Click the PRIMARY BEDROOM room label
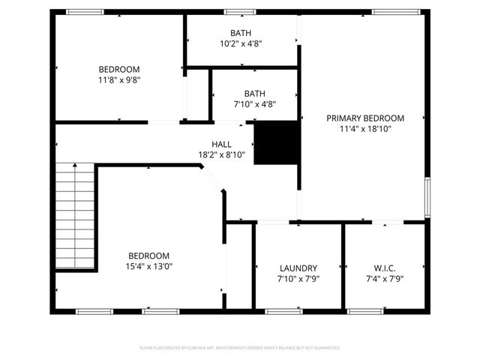[x=365, y=118]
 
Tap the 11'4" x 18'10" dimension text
[x=365, y=129]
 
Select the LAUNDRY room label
[x=298, y=268]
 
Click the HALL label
[x=221, y=144]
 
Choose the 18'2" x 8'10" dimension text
[x=221, y=154]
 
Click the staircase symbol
[x=76, y=217]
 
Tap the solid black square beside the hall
[x=277, y=142]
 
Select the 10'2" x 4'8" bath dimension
[x=241, y=43]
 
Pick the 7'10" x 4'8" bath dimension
[x=254, y=104]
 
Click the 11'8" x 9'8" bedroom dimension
[x=119, y=79]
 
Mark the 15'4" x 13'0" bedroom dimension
[x=148, y=266]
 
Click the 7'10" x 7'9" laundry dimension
[x=298, y=279]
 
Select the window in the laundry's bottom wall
[x=282, y=310]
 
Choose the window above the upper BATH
[x=240, y=12]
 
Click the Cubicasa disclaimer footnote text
[x=240, y=348]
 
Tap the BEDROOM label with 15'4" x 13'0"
[x=148, y=256]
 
